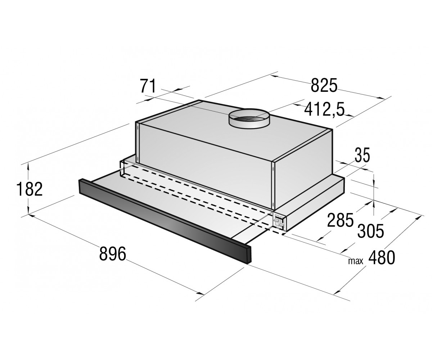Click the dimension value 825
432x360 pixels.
coord(324,85)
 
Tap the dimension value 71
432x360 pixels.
coord(148,86)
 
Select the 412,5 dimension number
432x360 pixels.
coord(324,110)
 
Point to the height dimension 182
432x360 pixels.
coord(30,189)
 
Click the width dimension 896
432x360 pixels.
coord(113,254)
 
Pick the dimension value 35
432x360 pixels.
coord(362,155)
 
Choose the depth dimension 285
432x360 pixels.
coord(340,220)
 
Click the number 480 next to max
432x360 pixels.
coord(382,258)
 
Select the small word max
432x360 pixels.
coord(356,261)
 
